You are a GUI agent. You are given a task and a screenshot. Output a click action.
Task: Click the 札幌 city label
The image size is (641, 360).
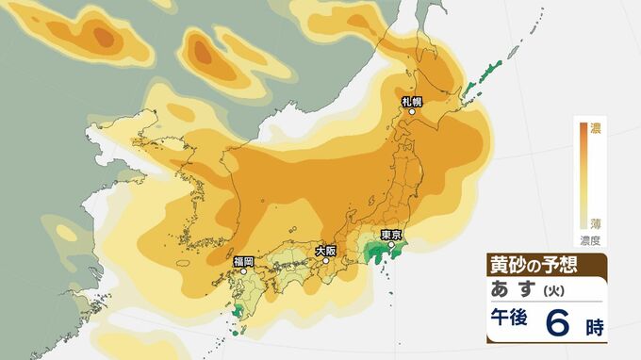(x=411, y=101)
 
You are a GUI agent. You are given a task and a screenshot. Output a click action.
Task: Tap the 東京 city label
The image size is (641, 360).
(x=391, y=235)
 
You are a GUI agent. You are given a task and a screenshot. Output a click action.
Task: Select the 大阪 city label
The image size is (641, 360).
(x=325, y=251)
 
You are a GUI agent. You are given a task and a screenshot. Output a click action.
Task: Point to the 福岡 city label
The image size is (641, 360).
(x=243, y=259)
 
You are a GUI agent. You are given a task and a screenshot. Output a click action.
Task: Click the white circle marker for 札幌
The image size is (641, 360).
(x=411, y=112)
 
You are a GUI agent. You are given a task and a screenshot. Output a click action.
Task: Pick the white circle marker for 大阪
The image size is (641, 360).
(x=325, y=261)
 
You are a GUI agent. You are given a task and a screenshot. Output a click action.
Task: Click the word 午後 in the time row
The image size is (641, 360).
(x=508, y=322)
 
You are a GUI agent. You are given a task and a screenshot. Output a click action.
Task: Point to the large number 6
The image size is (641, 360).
(x=556, y=322)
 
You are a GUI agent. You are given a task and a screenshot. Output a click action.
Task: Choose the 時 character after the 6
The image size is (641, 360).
(x=594, y=327)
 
